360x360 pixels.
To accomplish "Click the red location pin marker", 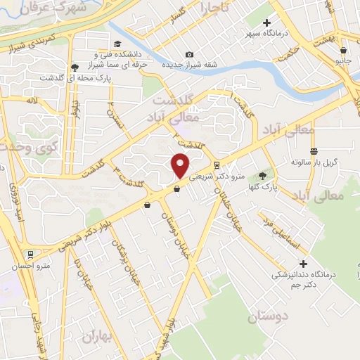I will pos(181,165).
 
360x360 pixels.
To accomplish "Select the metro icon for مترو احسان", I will pos(30,255).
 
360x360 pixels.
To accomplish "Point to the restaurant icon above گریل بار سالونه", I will pos(314,151).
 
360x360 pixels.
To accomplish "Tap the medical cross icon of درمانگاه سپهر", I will pos(266,23).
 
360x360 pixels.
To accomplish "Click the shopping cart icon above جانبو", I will pos(342,51).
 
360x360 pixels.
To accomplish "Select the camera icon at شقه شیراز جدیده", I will pos(188,55).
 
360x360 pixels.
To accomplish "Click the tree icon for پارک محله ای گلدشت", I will pos(74,67).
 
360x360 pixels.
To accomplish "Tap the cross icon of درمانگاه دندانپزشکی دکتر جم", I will pos(303,263).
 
